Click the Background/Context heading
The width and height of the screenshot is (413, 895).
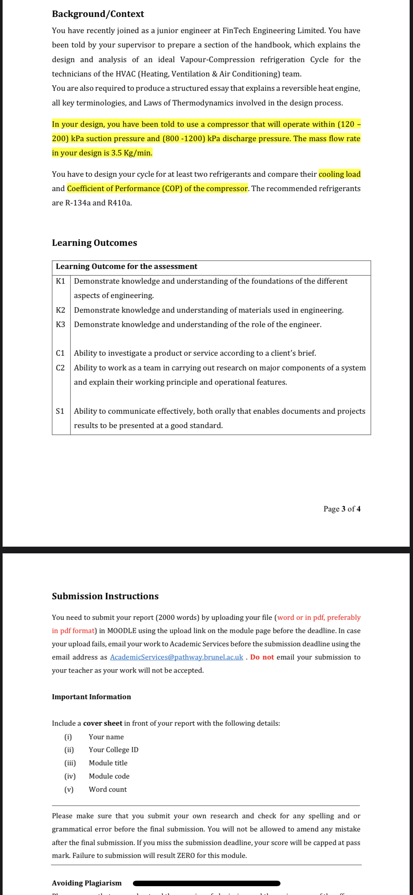pos(98,14)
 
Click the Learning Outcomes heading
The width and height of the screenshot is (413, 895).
pos(94,243)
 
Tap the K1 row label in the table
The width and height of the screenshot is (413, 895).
pos(61,281)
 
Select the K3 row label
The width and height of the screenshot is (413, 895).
pos(61,324)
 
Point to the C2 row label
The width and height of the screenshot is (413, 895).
pos(60,368)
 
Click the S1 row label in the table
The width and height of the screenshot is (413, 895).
pos(60,411)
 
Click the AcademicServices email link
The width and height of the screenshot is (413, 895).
pos(176,657)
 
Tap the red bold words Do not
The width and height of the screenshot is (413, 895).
pos(262,657)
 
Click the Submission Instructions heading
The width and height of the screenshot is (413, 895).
pos(105,596)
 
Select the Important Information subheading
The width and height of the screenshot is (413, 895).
pos(91,697)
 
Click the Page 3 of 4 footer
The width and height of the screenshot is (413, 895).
pos(341,509)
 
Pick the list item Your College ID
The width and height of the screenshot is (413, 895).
pos(113,750)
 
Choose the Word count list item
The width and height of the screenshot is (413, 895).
pos(108,789)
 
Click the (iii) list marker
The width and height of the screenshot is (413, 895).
pos(70,763)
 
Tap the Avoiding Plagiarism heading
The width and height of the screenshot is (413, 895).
pos(87,883)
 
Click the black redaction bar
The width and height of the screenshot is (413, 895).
pos(206,883)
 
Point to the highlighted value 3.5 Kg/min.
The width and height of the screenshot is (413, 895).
pos(131,153)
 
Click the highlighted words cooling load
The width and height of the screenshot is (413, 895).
pos(339,174)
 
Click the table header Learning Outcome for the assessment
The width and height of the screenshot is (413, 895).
pos(126,266)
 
